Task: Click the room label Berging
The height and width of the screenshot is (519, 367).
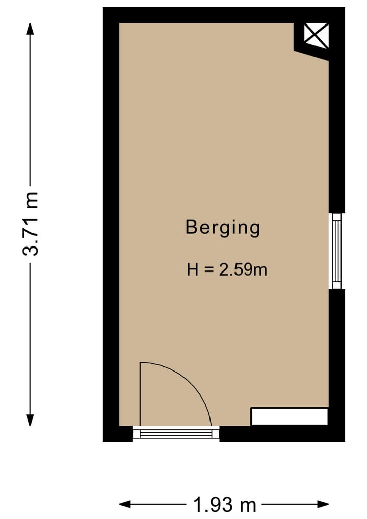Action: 223,227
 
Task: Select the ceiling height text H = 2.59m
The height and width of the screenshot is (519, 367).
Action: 227,269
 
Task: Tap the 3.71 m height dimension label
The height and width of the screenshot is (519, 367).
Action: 31,225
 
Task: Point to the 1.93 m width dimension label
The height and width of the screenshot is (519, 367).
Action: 224,505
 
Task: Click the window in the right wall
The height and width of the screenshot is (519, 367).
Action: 336,251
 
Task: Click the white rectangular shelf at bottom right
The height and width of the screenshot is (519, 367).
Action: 289,416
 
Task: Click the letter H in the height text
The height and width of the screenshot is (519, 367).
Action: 192,269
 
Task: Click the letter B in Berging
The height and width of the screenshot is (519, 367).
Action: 191,227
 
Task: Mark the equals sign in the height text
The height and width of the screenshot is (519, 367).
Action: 208,269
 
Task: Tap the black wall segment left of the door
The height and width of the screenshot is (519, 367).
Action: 118,434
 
